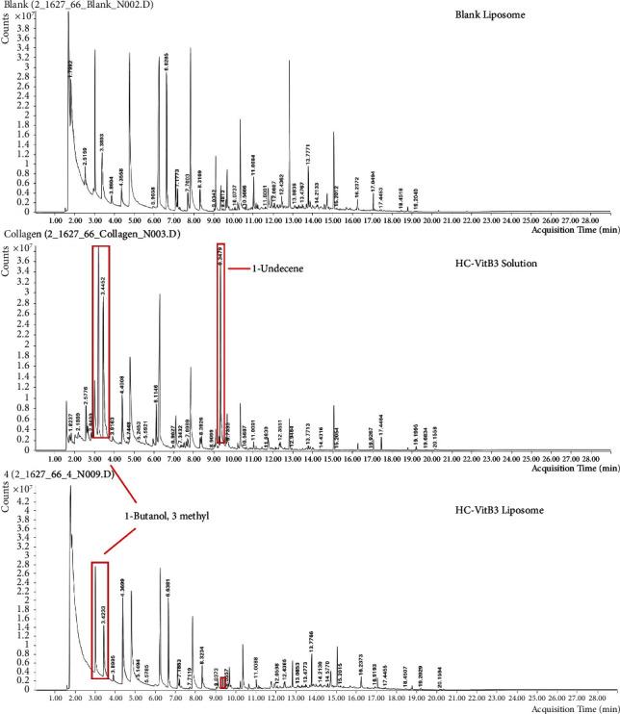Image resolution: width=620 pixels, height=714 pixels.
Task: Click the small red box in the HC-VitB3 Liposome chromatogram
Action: pos(223,682)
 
